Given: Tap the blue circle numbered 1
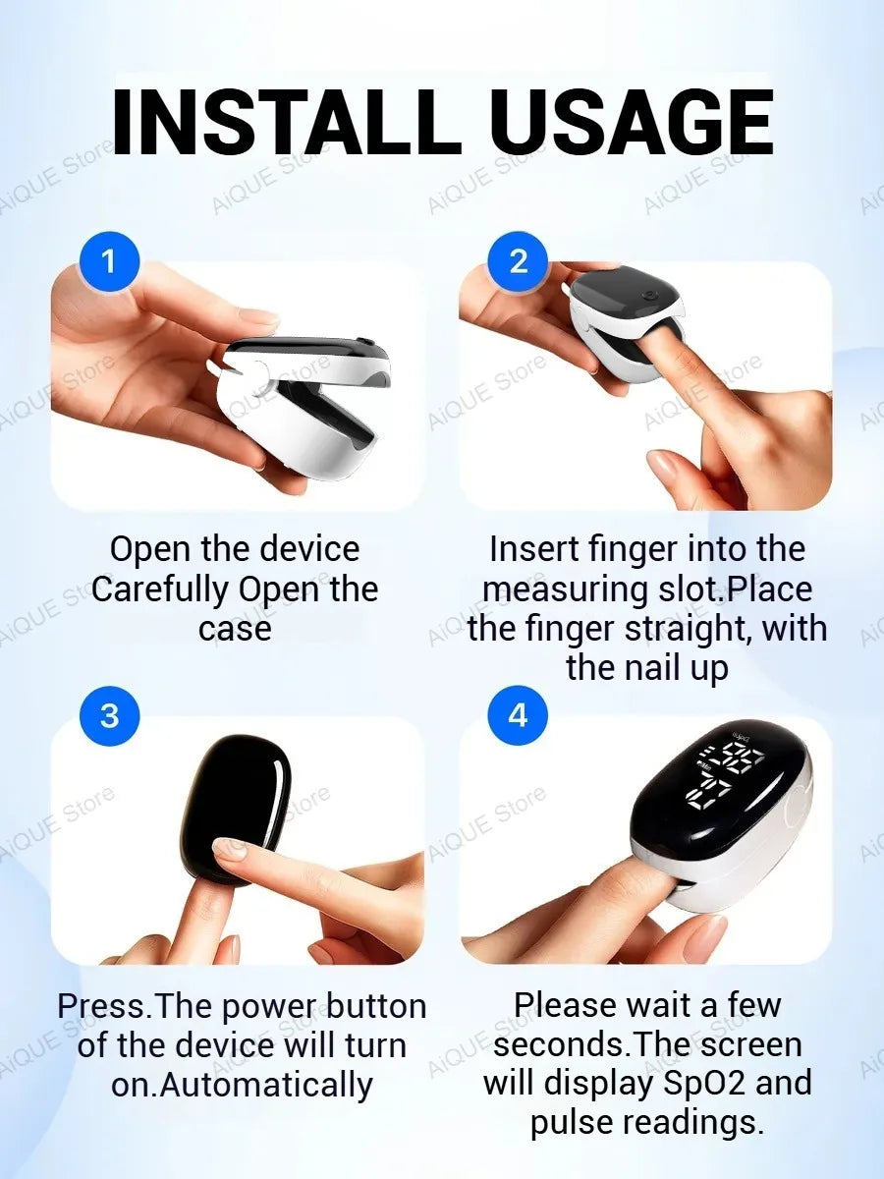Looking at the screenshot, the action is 109,261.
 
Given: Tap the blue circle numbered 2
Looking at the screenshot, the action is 518,261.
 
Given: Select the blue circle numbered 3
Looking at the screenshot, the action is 109,715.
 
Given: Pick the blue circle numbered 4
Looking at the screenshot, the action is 518,715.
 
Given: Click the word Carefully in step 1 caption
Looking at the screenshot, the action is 160,590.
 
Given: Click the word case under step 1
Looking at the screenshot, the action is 235,630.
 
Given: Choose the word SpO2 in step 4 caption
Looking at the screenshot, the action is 704,1084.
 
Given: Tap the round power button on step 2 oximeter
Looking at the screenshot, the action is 652,296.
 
